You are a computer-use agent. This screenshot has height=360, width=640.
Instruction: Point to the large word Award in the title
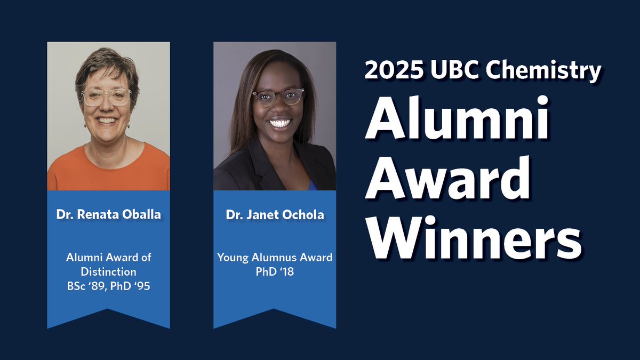click(x=448, y=179)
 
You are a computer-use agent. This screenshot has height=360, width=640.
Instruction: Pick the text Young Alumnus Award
click(x=275, y=258)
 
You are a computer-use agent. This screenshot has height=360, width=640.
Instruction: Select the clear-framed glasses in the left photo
click(x=107, y=97)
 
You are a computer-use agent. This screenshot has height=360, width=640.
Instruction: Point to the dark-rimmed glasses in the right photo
click(x=278, y=97)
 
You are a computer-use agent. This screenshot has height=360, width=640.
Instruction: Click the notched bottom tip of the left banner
click(x=108, y=310)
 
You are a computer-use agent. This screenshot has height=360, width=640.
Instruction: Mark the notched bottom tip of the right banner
click(x=275, y=310)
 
